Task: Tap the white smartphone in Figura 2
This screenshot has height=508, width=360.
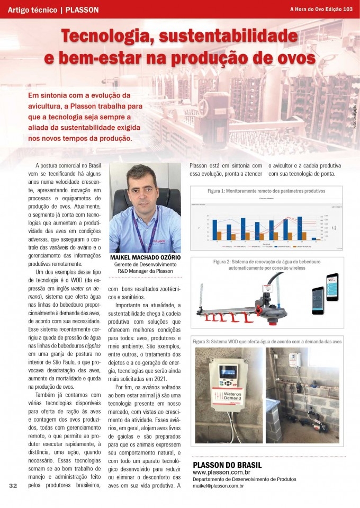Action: [x=332, y=287]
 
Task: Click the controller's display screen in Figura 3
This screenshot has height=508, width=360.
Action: [x=230, y=372]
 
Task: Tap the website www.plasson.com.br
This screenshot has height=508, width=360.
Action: [x=221, y=472]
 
